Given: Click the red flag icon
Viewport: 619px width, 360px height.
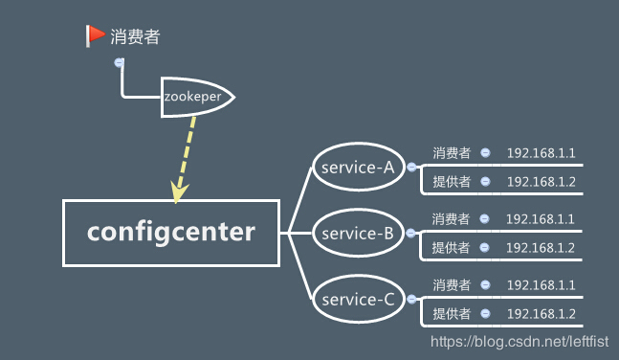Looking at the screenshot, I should click(95, 35).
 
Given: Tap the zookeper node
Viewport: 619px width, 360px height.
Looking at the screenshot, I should click(195, 97).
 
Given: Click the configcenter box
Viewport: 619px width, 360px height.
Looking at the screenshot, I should click(171, 232).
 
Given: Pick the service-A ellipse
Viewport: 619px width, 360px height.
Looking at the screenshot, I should click(359, 168).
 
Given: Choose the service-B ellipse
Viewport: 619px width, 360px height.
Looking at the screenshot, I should click(359, 233).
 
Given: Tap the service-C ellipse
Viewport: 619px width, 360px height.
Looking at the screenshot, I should click(359, 300).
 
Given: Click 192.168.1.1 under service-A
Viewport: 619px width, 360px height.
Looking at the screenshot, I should click(541, 153).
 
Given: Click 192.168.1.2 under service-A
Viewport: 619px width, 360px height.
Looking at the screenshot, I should click(541, 181).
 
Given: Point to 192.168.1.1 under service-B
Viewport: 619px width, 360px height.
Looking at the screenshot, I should click(541, 219).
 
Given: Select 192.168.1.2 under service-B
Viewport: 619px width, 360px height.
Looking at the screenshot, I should click(541, 248).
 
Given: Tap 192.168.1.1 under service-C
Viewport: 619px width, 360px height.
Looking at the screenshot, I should click(541, 285).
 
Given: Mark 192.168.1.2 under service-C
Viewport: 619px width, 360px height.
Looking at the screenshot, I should click(541, 314).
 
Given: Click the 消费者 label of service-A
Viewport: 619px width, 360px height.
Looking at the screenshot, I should click(452, 153).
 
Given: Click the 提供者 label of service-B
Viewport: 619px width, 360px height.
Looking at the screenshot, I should click(452, 248).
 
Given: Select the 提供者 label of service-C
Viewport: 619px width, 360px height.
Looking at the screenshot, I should click(452, 314).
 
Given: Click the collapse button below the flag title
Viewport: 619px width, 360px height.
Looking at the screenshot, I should click(119, 62).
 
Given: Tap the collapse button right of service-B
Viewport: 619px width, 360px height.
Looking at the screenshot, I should click(411, 233).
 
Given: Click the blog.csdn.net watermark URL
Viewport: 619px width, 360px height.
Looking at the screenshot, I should click(520, 341).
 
